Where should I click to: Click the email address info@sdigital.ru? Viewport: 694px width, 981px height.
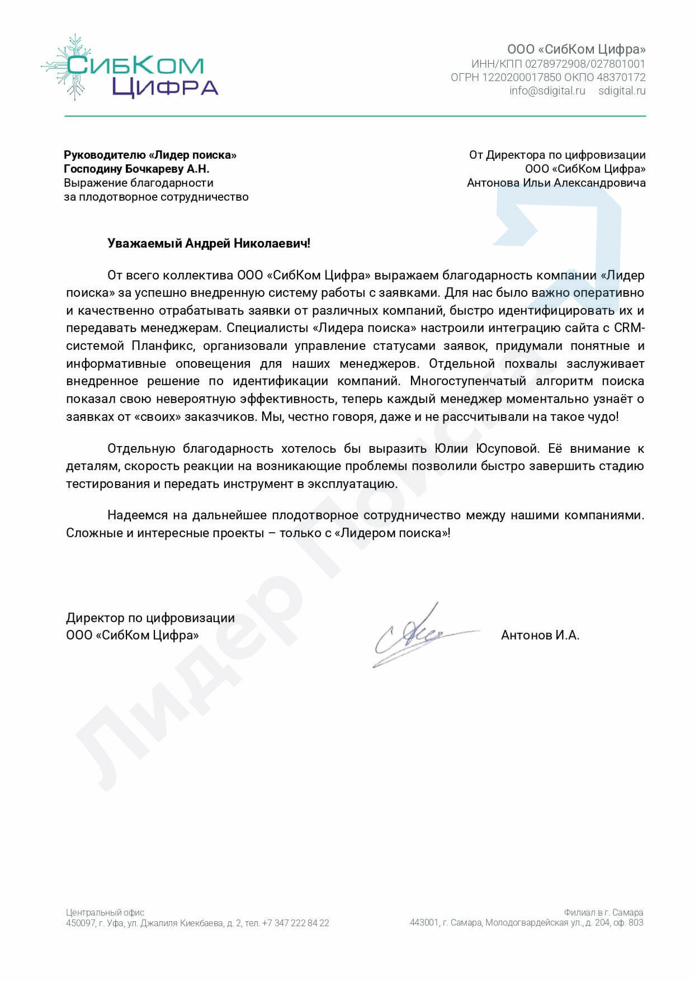(x=547, y=91)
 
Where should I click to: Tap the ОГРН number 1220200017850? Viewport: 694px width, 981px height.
(x=521, y=77)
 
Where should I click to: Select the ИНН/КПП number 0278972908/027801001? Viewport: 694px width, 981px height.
(x=585, y=64)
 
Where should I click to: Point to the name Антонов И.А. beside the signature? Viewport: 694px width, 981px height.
(x=540, y=635)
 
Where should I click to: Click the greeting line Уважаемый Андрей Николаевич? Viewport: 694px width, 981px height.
(x=209, y=243)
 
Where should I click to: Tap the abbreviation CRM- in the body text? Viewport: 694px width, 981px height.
(x=629, y=328)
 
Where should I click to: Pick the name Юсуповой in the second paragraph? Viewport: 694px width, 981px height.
(x=507, y=448)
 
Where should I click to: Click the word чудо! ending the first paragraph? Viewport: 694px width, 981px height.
(x=601, y=416)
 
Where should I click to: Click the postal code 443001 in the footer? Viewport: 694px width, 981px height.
(x=424, y=922)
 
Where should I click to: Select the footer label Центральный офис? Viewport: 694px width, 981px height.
(x=105, y=912)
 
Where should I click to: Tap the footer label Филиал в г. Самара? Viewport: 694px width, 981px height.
(x=603, y=912)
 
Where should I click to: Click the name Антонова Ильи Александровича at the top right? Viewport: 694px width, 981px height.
(x=556, y=183)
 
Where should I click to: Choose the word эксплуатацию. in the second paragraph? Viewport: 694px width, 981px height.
(x=352, y=484)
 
